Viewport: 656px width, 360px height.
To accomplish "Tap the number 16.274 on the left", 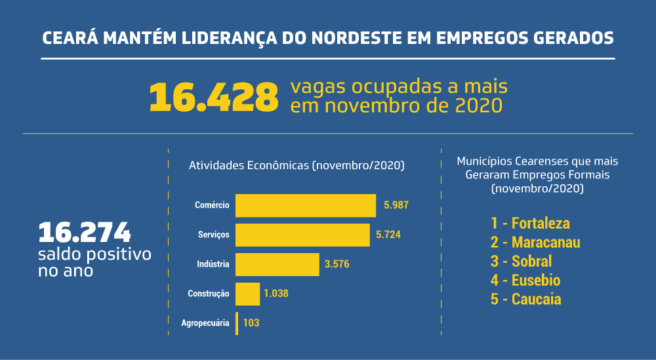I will pyautogui.click(x=85, y=232).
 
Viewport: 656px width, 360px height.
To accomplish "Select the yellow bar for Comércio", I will pyautogui.click(x=305, y=205).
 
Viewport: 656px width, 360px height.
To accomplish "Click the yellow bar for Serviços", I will pyautogui.click(x=302, y=235).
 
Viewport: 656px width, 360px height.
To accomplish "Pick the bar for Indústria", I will pyautogui.click(x=277, y=264).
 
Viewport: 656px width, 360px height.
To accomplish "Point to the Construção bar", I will pyautogui.click(x=247, y=294).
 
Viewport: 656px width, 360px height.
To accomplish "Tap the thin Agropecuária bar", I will pyautogui.click(x=237, y=323).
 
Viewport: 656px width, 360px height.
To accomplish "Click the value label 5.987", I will pyautogui.click(x=396, y=205).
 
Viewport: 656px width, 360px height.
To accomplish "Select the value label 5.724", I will pyautogui.click(x=388, y=235).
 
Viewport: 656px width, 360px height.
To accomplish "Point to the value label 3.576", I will pyautogui.click(x=337, y=264).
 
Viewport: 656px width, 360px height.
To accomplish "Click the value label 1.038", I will pyautogui.click(x=276, y=294).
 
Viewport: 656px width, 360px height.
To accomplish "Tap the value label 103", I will pyautogui.click(x=251, y=323).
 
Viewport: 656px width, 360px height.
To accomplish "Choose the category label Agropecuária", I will pyautogui.click(x=205, y=323).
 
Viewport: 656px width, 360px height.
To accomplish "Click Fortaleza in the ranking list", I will pyautogui.click(x=541, y=223).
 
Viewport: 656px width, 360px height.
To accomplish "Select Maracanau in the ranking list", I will pyautogui.click(x=546, y=242).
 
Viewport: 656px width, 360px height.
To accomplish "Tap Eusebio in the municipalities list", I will pyautogui.click(x=536, y=281).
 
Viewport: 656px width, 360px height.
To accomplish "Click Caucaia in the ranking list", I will pyautogui.click(x=536, y=300).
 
